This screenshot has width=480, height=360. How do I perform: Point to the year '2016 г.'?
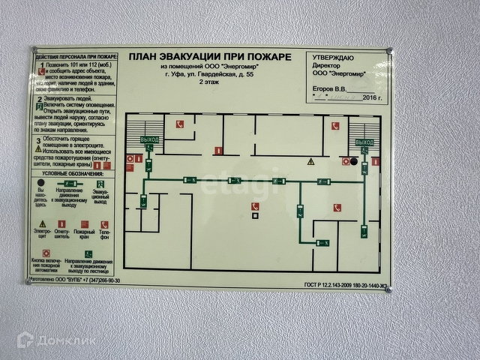pos(372,97)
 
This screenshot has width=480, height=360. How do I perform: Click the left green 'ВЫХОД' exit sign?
pos(148,140)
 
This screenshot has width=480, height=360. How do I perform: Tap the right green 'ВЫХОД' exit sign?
pos(364,142)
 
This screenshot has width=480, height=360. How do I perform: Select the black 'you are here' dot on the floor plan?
pos(354,161)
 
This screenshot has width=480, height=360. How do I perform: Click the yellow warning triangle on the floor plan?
pos(310,161)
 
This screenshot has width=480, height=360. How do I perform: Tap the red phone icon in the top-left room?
pos(178,124)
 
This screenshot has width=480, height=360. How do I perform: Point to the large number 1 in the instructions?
pos(39,67)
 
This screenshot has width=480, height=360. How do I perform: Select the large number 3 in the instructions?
pos(38,140)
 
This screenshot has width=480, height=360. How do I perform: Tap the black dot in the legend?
pos(41,182)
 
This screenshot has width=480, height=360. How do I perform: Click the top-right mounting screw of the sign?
pos(388,51)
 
